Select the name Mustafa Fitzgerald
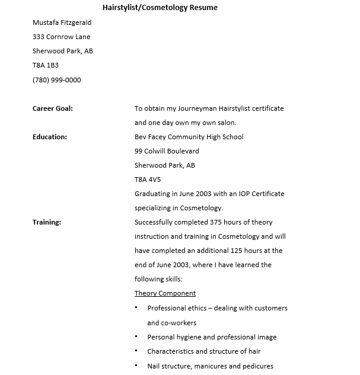[62, 23]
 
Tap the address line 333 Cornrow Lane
[61, 37]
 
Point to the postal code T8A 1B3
[46, 65]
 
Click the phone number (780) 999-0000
[56, 80]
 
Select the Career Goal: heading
[53, 108]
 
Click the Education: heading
[50, 137]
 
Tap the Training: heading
[47, 222]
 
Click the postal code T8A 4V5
[148, 180]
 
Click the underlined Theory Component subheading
[165, 293]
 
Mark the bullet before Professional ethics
[136, 308]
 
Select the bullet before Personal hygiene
[136, 337]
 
